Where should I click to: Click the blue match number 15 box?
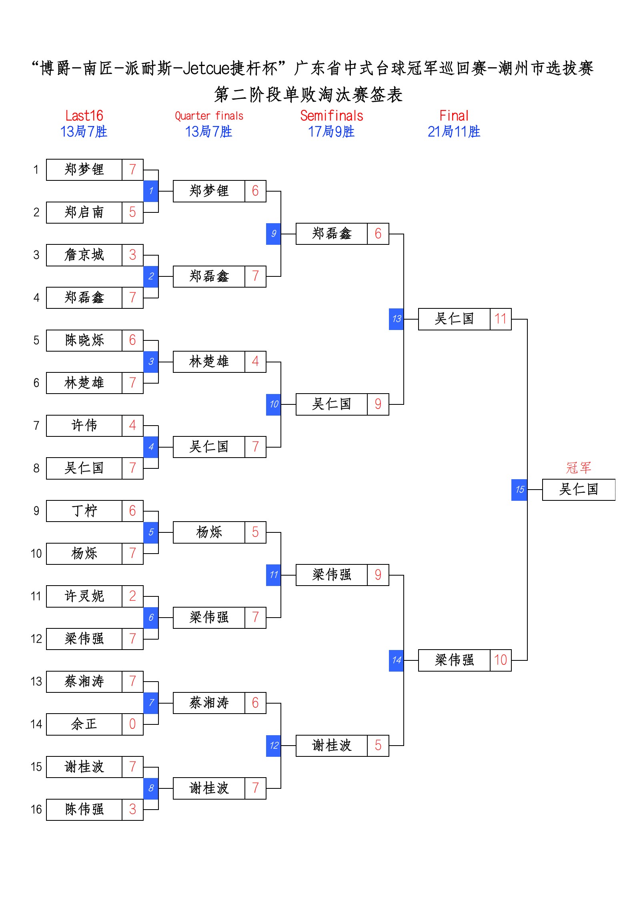(519, 490)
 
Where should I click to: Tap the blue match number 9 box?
(273, 234)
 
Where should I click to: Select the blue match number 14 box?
(396, 660)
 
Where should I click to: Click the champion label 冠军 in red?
(578, 467)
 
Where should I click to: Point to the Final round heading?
(454, 116)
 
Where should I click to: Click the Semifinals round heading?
(331, 116)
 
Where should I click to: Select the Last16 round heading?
(84, 116)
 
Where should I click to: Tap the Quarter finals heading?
(209, 116)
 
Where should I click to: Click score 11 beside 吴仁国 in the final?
(500, 319)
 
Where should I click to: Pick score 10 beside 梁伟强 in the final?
(500, 660)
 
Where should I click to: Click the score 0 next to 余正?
(132, 724)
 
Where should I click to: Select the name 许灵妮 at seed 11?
(84, 596)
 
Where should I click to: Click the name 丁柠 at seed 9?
(84, 511)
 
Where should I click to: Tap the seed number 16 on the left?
(36, 809)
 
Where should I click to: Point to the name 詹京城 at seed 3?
(84, 255)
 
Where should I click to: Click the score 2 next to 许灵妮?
(132, 596)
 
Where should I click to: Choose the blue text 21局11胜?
(454, 132)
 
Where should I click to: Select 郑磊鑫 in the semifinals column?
(331, 234)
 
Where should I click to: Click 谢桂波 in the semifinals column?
(331, 745)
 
